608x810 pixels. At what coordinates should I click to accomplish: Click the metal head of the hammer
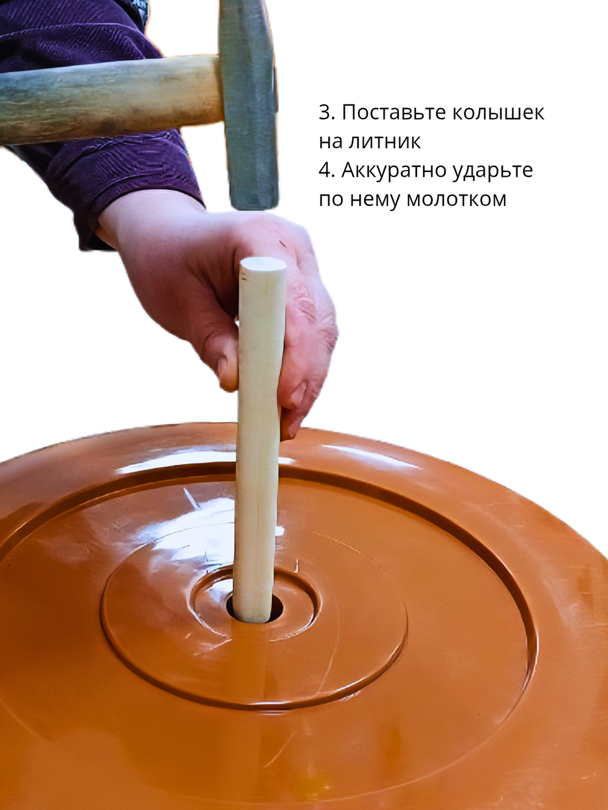coord(249,103)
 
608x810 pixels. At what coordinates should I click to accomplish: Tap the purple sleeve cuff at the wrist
coord(140,201)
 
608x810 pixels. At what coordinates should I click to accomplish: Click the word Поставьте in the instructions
coord(390,112)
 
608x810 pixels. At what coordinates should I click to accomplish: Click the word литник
coord(384,142)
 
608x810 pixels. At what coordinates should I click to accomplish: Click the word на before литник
coord(331,142)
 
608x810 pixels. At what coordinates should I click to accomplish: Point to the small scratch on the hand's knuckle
coord(283,244)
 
